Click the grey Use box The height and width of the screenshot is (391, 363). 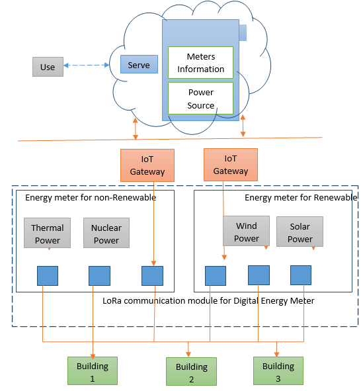tap(48, 67)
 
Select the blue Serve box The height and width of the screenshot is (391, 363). tap(139, 64)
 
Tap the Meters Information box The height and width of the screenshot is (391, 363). tap(200, 63)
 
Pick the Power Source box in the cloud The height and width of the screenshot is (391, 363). tap(200, 99)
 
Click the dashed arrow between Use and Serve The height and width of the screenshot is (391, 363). tap(86, 65)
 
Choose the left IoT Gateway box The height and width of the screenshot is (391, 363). tap(147, 165)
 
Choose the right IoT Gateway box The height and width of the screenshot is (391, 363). tap(231, 165)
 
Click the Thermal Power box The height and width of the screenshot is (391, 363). tap(47, 233)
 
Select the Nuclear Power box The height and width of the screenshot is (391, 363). tap(106, 233)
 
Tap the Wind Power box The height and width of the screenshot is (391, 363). tap(246, 231)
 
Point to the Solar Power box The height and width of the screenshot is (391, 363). tap(300, 232)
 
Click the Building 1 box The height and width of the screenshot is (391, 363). tap(93, 370)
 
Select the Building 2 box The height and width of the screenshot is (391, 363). tap(191, 371)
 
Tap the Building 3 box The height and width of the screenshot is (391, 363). tap(278, 370)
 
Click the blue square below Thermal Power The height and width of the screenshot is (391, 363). tap(48, 276)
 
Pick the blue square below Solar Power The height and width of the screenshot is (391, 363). tap(301, 275)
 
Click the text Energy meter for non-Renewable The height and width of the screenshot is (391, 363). tap(91, 198)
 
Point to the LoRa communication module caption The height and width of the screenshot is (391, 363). tap(208, 301)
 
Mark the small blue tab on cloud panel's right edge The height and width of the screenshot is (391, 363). tap(243, 32)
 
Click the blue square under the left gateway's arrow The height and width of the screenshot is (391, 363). tap(153, 276)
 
